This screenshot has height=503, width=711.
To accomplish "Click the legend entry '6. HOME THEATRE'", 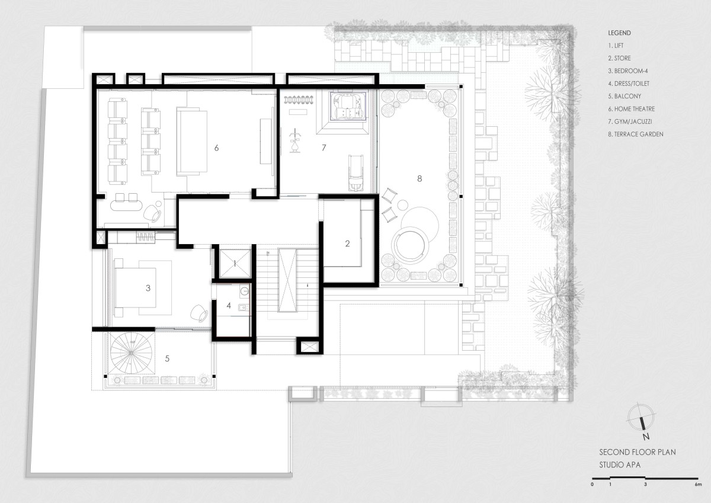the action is [632, 109].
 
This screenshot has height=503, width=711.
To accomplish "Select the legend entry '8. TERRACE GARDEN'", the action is [635, 134].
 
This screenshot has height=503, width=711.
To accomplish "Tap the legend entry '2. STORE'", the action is [619, 58].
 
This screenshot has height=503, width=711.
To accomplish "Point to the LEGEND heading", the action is [619, 33].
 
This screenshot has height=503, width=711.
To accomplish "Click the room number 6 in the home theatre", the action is [216, 148].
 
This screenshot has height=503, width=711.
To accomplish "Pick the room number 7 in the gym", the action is [324, 148].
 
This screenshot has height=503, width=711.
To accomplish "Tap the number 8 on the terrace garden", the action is [419, 179].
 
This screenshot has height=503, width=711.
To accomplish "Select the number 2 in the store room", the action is [348, 244].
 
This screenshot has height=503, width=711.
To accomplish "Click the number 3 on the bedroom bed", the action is [148, 288].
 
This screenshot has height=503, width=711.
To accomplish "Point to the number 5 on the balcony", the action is [167, 358].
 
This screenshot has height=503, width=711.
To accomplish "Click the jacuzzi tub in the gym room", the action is [348, 106].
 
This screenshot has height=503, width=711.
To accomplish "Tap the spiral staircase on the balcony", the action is [131, 353].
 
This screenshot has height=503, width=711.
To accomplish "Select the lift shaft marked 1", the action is [235, 264].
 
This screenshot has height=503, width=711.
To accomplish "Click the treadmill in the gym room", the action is [356, 173].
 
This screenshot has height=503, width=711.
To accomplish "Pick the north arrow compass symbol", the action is [642, 419].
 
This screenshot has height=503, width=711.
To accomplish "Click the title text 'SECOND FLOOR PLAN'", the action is [638, 452].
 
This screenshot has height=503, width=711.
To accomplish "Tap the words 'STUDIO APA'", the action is [620, 465].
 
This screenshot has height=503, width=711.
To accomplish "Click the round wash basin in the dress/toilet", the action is [244, 291].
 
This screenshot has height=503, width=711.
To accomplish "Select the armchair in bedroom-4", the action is [199, 313].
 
